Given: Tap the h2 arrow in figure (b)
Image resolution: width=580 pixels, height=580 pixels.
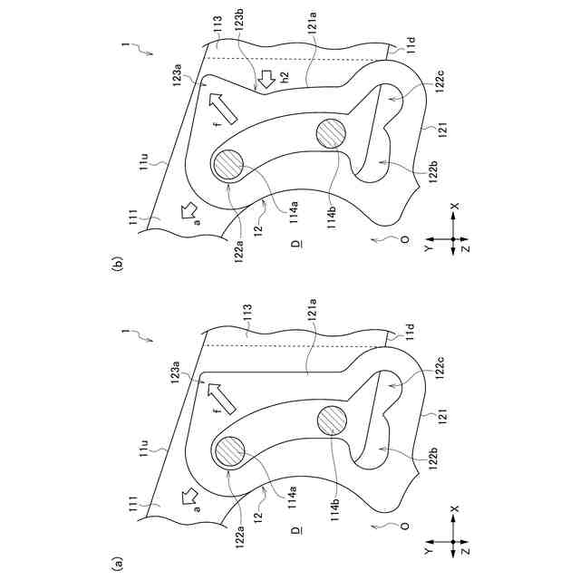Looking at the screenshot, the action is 266,79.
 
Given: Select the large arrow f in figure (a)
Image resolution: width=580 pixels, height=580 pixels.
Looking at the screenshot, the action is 221,398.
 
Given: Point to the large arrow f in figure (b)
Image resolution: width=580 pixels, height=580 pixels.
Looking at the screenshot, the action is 222,109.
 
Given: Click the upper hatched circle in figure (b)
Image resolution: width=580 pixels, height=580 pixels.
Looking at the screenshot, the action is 227,165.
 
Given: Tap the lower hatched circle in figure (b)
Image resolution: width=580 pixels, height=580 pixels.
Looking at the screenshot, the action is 332,133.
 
